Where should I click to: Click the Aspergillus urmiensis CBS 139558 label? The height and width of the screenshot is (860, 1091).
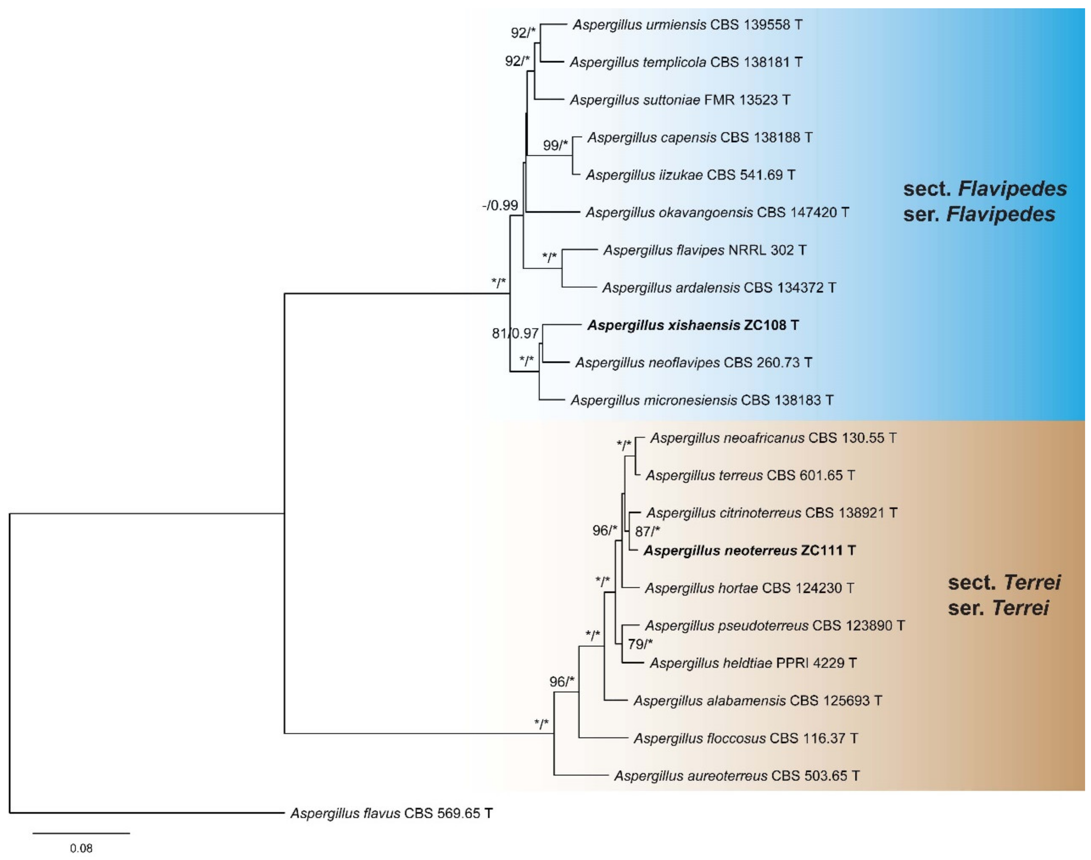(x=687, y=25)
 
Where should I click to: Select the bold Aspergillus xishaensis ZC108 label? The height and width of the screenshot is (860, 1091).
(x=693, y=325)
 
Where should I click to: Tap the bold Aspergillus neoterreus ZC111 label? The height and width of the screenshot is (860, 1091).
(x=749, y=550)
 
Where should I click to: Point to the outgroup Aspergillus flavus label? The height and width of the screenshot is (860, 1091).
(x=391, y=813)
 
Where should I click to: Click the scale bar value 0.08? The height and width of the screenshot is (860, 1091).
(x=81, y=848)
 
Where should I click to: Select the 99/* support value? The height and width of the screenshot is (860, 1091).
(x=555, y=145)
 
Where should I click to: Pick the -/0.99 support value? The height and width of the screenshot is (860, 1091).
(x=500, y=206)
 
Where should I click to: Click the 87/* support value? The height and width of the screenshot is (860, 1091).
(x=647, y=531)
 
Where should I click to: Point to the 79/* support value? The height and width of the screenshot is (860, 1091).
(x=640, y=644)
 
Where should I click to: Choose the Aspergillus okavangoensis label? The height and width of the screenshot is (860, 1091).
(x=717, y=212)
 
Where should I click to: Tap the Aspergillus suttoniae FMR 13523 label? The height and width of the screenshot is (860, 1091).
(x=680, y=100)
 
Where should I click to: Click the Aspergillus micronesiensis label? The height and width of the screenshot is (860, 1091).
(x=702, y=400)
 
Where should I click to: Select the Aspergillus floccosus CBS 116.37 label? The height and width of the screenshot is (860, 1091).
(x=745, y=738)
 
